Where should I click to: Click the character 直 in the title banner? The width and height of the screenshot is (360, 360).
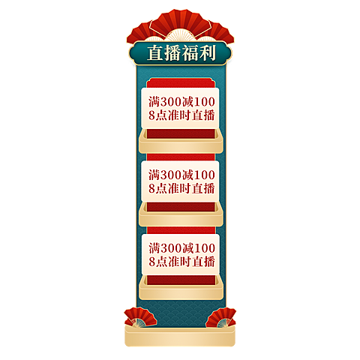[x=155, y=53]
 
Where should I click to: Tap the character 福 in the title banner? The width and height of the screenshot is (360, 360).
[x=190, y=53]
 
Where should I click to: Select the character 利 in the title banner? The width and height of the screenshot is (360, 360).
[x=207, y=53]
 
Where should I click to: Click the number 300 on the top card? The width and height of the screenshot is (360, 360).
[x=171, y=102]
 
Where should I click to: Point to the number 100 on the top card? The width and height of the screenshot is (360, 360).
[x=204, y=102]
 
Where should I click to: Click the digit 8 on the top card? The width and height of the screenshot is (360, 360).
[x=152, y=115]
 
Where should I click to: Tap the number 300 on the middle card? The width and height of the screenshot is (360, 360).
[x=171, y=175]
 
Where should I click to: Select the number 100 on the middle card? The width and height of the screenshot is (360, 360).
[x=204, y=175]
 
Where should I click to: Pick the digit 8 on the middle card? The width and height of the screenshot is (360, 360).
[x=152, y=188]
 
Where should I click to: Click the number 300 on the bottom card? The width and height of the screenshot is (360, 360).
[x=171, y=248]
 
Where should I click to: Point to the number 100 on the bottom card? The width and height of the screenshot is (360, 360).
[x=205, y=248]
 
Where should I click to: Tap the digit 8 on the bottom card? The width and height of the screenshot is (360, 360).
[x=152, y=262]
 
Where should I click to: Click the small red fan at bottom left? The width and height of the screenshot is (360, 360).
[x=139, y=317]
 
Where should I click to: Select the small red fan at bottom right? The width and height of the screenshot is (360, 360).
[x=221, y=317]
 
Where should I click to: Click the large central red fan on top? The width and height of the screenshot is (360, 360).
[x=181, y=25]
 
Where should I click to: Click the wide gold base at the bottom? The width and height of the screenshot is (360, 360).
[x=180, y=336]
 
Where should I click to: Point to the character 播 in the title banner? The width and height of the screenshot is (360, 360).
[x=172, y=53]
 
